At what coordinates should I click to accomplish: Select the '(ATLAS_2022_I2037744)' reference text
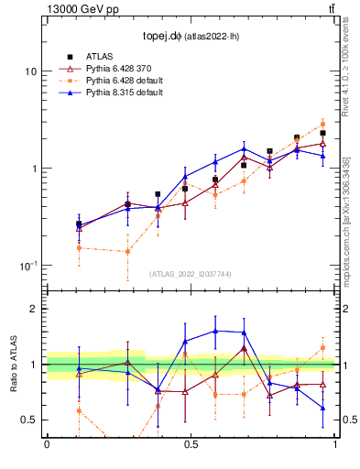[191, 274]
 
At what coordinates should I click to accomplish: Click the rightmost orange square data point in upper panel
[322, 124]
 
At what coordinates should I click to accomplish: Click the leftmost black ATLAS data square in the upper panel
[79, 224]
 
